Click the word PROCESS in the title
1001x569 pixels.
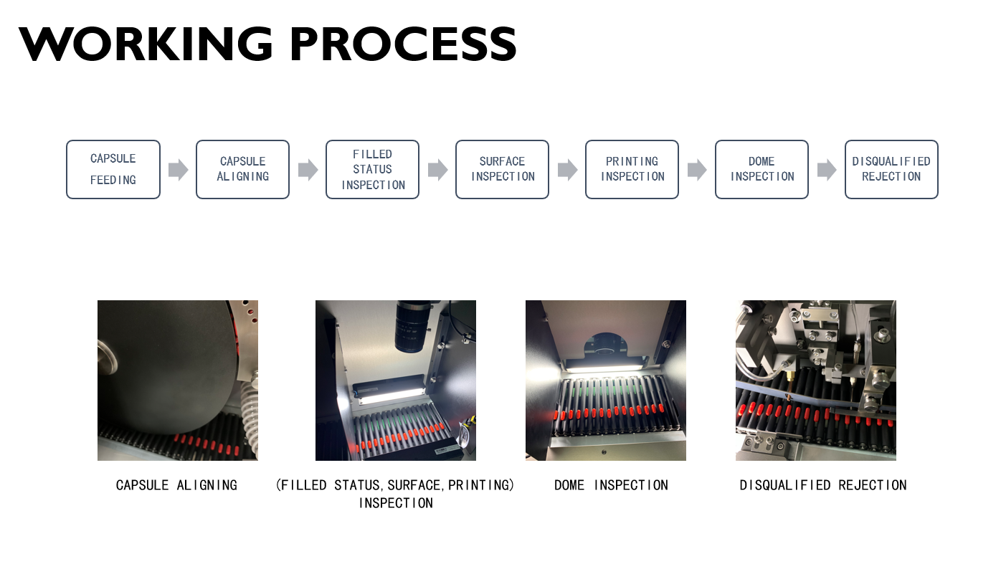[x=403, y=44]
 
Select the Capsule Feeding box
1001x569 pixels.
[x=113, y=169]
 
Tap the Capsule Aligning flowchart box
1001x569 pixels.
[x=243, y=169]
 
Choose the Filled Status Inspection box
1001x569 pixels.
[x=373, y=169]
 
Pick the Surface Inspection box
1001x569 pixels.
[x=503, y=169]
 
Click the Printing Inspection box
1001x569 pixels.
[x=632, y=169]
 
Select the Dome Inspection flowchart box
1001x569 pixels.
[x=762, y=169]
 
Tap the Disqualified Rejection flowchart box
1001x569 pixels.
[x=891, y=169]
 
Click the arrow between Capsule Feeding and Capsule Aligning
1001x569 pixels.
[x=179, y=170]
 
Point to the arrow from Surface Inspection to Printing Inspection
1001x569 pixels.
[x=568, y=170]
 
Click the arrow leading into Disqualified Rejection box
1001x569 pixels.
[x=827, y=170]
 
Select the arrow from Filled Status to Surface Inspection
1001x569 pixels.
[x=438, y=170]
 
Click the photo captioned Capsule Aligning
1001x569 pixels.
[x=178, y=380]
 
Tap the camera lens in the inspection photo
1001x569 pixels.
[x=411, y=326]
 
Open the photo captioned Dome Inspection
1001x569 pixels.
[x=606, y=380]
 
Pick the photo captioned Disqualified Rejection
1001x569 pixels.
[x=816, y=380]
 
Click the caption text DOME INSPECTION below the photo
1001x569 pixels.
[x=611, y=485]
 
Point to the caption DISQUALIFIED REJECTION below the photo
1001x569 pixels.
[x=823, y=485]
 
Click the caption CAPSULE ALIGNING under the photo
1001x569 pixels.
[x=176, y=485]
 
